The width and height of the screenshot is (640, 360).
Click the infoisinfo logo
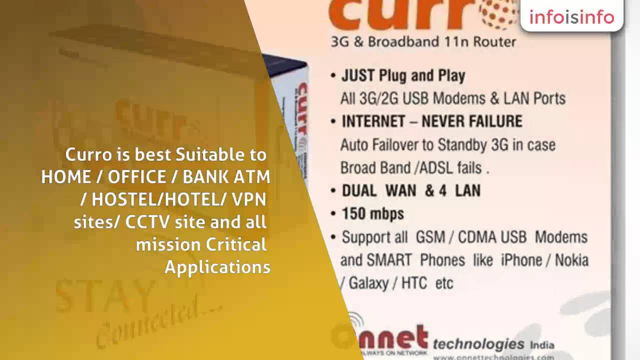[x=571, y=17]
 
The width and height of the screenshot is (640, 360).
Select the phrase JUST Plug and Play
[x=403, y=75]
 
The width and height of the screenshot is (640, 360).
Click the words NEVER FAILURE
[x=471, y=121]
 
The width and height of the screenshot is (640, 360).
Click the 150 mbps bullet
[x=372, y=214]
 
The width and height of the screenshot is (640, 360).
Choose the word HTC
[x=414, y=283]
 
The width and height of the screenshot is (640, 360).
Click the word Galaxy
[x=367, y=283]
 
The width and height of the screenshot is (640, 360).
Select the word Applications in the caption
[x=217, y=266]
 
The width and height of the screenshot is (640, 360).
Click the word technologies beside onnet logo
[x=478, y=343]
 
